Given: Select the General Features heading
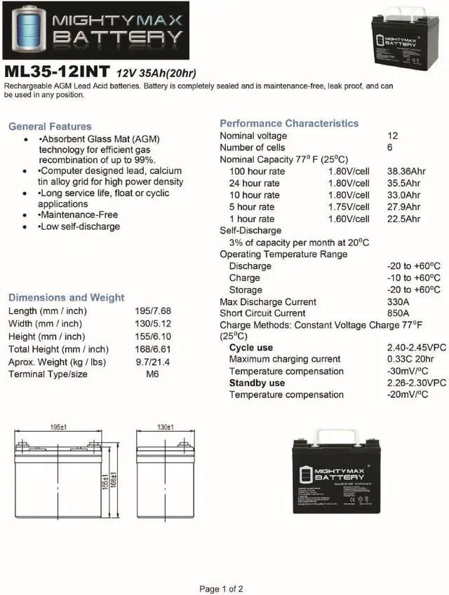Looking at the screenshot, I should tap(50, 127).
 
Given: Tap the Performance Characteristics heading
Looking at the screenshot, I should tap(289, 123).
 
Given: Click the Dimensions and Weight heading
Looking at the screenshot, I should tap(66, 297).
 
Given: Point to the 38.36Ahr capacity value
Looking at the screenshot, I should tap(403, 171).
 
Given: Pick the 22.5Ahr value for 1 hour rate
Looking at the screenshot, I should tap(403, 219).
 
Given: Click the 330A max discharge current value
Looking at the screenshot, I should tap(398, 302).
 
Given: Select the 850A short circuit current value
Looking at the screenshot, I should tap(398, 313).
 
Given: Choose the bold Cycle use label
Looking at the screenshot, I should tap(251, 348).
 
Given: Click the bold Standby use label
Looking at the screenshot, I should tap(257, 383).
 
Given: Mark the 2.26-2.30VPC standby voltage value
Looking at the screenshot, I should tap(417, 383).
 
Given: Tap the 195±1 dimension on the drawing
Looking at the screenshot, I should tap(59, 427).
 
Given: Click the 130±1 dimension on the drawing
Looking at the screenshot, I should tap(166, 427).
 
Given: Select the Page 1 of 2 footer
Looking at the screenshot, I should tap(221, 589).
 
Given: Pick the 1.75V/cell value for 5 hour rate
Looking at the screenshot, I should tap(349, 207).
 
